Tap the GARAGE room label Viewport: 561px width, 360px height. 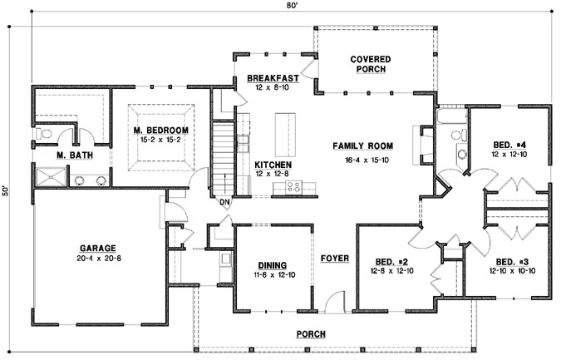click(x=97, y=248)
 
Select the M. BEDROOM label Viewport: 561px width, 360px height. click(x=161, y=131)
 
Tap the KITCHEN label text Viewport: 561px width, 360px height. click(x=272, y=165)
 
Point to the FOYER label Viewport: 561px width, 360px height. click(x=334, y=258)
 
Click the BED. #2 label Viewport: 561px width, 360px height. click(x=390, y=259)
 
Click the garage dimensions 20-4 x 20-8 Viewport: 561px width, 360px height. click(x=97, y=259)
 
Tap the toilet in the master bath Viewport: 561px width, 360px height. click(x=44, y=133)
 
